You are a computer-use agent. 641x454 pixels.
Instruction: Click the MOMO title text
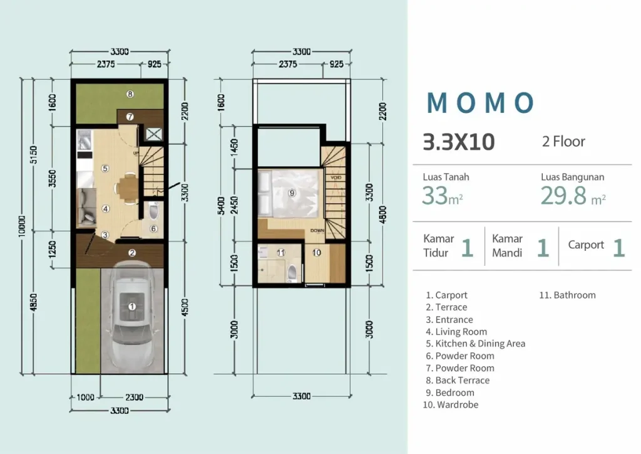coord(480,103)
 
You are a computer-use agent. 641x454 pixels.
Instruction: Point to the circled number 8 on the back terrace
coord(130,95)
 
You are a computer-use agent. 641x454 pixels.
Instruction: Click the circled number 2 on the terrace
coord(132,253)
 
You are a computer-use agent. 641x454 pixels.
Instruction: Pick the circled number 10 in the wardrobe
coord(317,253)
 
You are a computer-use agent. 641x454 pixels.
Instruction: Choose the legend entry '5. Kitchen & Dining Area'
coord(475,344)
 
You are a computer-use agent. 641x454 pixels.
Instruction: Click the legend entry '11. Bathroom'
coord(567,295)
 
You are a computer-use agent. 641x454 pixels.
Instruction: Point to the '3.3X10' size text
coord(458,142)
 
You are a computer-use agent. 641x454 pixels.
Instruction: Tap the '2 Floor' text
coord(563,142)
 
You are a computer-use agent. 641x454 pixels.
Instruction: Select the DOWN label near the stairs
coord(317,231)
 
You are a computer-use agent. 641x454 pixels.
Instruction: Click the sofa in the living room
coord(87,209)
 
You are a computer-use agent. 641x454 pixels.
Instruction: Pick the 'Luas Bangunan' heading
coord(572,177)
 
